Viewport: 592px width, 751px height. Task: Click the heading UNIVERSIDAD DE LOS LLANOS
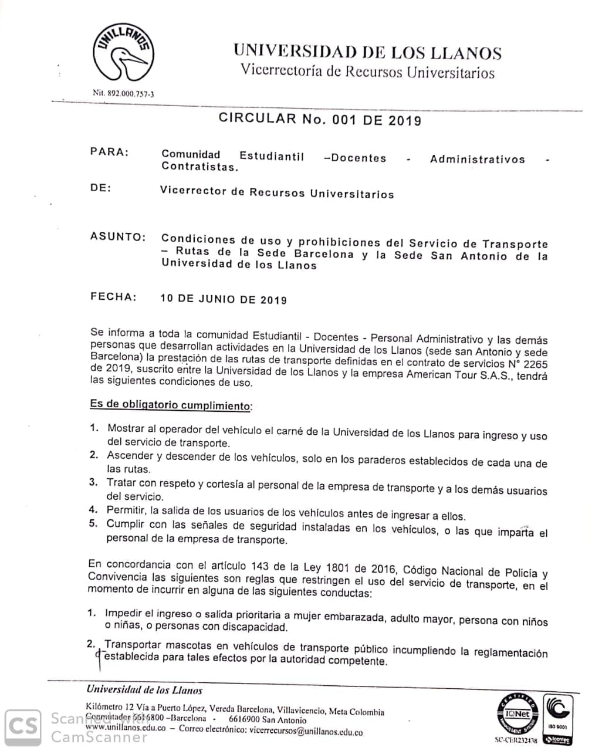[x=367, y=52]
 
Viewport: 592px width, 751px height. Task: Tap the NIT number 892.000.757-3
[x=124, y=93]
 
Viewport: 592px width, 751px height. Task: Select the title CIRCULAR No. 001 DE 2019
[x=320, y=119]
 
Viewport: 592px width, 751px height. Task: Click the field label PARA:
[x=109, y=152]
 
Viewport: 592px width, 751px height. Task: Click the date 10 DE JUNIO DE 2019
[x=224, y=299]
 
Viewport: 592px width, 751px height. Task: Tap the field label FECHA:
[x=113, y=296]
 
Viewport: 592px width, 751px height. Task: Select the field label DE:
[x=100, y=188]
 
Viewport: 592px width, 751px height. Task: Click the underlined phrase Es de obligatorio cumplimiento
[x=170, y=405]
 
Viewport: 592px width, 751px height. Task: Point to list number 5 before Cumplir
[x=93, y=523]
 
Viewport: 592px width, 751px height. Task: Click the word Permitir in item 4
[x=125, y=510]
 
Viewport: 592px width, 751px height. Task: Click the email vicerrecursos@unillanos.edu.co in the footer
[x=305, y=732]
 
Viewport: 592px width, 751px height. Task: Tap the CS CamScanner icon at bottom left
[x=23, y=727]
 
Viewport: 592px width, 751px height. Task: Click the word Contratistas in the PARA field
[x=199, y=167]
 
